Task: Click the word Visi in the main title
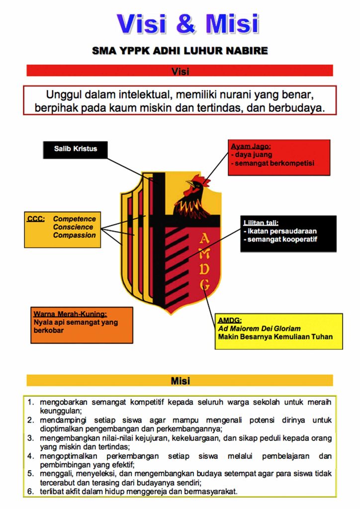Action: coord(144,23)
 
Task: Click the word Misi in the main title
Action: coord(232,23)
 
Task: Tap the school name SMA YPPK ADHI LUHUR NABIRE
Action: coord(180,51)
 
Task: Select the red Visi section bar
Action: coord(180,71)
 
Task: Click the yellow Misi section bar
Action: coord(180,381)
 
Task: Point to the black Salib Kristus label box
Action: coord(75,149)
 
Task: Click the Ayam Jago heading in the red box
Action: coord(250,147)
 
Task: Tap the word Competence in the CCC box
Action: coord(75,219)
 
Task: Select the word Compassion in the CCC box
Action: coord(75,235)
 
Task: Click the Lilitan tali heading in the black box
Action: coord(261,223)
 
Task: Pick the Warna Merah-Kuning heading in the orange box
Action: coord(70,314)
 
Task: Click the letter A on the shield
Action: coord(204,240)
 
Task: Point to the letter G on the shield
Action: coord(204,285)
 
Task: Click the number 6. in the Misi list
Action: coord(31,492)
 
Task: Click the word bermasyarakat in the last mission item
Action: coord(212,492)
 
